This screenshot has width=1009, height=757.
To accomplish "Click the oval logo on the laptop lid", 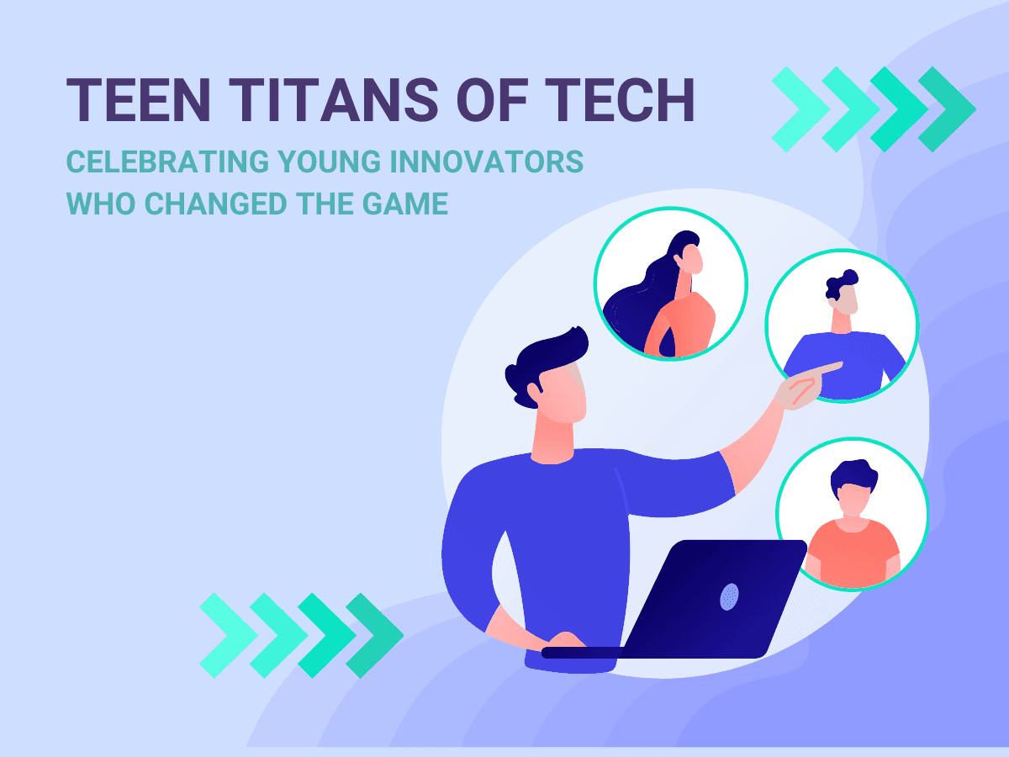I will coord(728,596).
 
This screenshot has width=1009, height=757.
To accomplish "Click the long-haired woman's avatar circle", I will coord(670,285).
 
